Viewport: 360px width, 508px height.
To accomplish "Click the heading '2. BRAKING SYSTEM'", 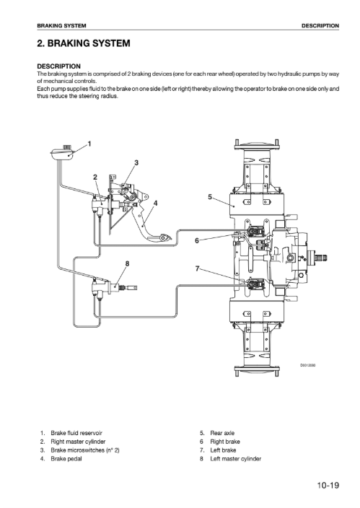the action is [84, 43].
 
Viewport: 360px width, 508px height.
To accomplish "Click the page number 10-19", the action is [328, 486].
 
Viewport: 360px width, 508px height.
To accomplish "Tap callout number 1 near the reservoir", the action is [89, 144].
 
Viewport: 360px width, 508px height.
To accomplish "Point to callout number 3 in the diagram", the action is [136, 162].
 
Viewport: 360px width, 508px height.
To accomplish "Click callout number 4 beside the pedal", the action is [156, 203].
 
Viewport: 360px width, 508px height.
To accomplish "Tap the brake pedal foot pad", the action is [159, 238].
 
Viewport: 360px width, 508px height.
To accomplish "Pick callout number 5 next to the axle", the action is [210, 197].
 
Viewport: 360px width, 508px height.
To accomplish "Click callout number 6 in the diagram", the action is [197, 241].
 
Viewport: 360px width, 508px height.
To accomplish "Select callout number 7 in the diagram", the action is [197, 268].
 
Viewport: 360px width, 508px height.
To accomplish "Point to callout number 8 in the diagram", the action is [128, 263].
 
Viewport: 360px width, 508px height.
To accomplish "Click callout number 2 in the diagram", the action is [95, 177].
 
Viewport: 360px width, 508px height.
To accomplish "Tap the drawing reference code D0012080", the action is [308, 365].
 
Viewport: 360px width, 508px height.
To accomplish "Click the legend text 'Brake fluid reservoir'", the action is [76, 433].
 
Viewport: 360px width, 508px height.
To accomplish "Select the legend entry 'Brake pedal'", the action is [66, 459].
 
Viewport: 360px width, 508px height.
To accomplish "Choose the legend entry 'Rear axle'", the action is [222, 433].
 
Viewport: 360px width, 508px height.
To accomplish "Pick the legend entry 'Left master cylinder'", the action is [236, 459].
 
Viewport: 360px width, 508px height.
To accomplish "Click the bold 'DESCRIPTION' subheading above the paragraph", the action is [58, 66].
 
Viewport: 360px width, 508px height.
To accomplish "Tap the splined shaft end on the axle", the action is [321, 258].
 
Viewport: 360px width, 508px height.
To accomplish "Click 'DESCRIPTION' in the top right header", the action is [320, 25].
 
